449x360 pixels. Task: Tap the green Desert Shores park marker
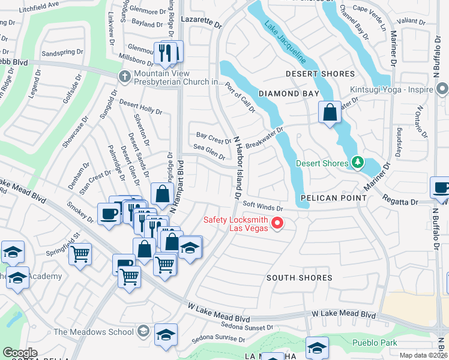358,163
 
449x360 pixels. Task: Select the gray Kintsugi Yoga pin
442,89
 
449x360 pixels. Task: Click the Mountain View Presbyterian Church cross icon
124,76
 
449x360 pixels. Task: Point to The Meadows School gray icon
143,331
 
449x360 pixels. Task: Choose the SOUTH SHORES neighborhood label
300,278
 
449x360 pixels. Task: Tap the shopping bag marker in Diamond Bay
330,112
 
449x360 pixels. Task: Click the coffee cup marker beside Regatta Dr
440,187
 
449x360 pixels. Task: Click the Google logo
20,353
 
